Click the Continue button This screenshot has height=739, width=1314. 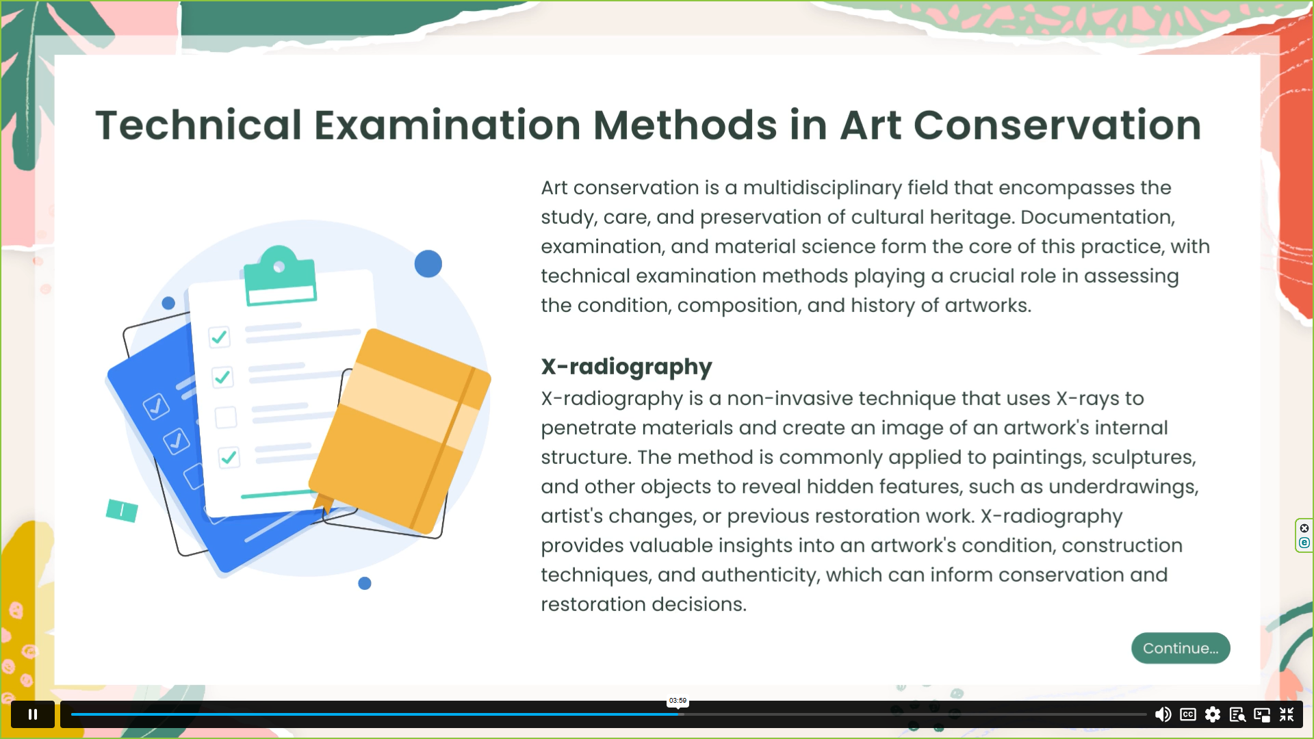(x=1181, y=648)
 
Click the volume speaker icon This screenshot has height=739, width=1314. (x=1163, y=714)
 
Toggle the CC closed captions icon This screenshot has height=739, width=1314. (x=1188, y=714)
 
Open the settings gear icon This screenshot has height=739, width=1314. (x=1213, y=714)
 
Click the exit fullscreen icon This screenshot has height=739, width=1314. (x=1287, y=714)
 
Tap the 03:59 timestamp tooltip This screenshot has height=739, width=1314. (x=678, y=701)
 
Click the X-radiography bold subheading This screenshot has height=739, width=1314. (x=626, y=367)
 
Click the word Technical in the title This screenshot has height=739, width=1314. (x=198, y=125)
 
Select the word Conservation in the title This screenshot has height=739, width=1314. (x=1057, y=125)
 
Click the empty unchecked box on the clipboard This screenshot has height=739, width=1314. (x=226, y=417)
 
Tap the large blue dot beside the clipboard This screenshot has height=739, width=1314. (x=428, y=264)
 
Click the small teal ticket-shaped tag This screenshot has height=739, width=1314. (x=122, y=510)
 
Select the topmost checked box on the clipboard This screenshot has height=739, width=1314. (x=219, y=337)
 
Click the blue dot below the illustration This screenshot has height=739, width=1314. (x=365, y=584)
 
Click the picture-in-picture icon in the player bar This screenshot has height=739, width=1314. (x=1262, y=714)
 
